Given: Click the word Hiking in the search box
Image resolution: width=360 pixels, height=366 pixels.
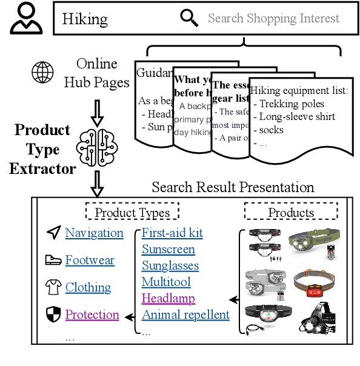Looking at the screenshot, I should [85, 19].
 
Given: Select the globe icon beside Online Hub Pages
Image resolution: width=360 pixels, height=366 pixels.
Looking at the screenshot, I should [42, 73].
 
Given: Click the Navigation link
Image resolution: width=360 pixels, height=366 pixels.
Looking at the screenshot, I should [94, 233].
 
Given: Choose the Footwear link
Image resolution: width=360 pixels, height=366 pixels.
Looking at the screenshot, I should [90, 260].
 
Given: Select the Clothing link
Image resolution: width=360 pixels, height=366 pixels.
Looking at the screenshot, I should [88, 287].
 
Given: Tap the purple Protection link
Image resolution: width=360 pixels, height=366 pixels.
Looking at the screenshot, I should [92, 314].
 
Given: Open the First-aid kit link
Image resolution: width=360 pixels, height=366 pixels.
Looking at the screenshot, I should [172, 233].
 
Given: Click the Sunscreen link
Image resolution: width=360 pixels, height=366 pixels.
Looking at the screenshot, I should [168, 249].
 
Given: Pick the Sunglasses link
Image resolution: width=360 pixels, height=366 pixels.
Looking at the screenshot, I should [170, 265].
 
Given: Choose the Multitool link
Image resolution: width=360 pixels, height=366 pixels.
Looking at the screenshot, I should [166, 282].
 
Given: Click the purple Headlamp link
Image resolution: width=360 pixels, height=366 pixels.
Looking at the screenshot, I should [168, 298].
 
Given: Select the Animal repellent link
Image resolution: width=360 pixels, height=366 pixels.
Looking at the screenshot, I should [185, 314].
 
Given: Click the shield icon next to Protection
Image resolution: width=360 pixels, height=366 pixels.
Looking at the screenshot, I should [54, 314].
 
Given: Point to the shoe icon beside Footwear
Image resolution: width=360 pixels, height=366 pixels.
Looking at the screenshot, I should [53, 260].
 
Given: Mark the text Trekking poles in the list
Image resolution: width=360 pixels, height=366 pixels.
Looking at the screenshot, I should [292, 104].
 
